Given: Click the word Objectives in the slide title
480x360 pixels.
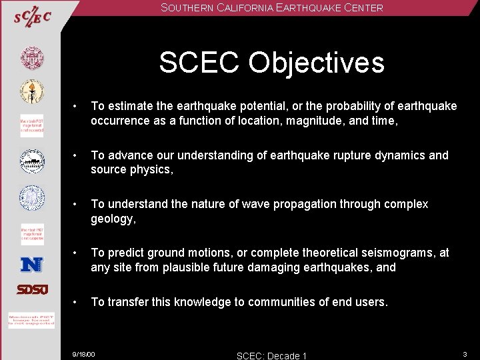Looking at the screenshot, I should pyautogui.click(x=317, y=63).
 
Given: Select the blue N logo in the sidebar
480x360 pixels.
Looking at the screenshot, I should pyautogui.click(x=31, y=264).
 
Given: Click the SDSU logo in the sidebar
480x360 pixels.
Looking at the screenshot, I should pyautogui.click(x=31, y=289).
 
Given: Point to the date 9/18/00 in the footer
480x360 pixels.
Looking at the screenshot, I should pyautogui.click(x=84, y=353).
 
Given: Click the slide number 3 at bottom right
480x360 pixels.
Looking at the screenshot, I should pyautogui.click(x=465, y=353).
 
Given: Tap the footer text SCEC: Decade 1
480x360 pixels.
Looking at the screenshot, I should pyautogui.click(x=271, y=355).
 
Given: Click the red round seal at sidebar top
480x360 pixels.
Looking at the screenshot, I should pyautogui.click(x=31, y=58).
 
